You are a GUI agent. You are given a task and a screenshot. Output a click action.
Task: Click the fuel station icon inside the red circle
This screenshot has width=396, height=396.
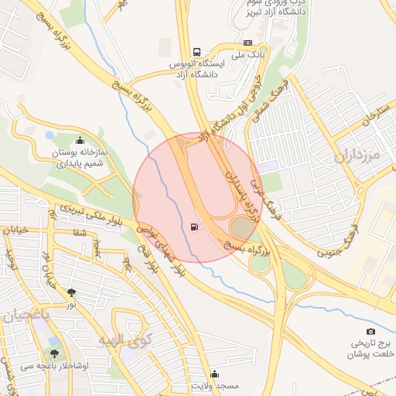(192, 227)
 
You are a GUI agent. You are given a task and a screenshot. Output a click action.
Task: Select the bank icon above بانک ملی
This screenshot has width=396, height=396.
(247, 43)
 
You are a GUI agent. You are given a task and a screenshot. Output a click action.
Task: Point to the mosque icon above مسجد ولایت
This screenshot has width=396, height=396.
(214, 374)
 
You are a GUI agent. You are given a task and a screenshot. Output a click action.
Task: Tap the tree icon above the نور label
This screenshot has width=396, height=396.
(72, 292)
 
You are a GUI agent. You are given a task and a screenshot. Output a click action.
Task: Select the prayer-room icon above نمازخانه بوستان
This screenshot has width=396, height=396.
(81, 141)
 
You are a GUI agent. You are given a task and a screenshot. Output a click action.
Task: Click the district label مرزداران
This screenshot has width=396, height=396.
(358, 155)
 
